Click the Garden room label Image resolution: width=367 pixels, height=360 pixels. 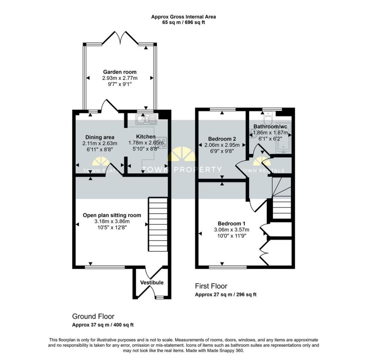pyautogui.click(x=120, y=72)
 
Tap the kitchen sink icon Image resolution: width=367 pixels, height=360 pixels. pyautogui.click(x=146, y=120)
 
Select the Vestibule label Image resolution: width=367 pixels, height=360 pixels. pyautogui.click(x=152, y=283)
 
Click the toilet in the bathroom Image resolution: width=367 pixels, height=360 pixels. pyautogui.click(x=268, y=119)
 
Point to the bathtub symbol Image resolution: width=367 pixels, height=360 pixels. pyautogui.click(x=283, y=137)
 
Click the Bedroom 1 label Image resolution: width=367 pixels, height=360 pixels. pyautogui.click(x=232, y=223)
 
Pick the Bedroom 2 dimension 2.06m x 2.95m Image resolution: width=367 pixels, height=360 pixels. pyautogui.click(x=222, y=145)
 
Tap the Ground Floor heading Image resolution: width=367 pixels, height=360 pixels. pyautogui.click(x=93, y=317)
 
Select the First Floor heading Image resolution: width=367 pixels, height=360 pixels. pyautogui.click(x=211, y=286)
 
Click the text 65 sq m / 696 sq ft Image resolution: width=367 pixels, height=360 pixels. pyautogui.click(x=183, y=23)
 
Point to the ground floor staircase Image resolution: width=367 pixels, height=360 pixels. pyautogui.click(x=158, y=224)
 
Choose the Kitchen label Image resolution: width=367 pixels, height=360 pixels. pyautogui.click(x=146, y=137)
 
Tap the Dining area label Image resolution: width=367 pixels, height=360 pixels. pyautogui.click(x=100, y=137)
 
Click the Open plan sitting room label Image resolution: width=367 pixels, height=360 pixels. pyautogui.click(x=112, y=215)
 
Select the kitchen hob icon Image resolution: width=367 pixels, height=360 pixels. pyautogui.click(x=161, y=142)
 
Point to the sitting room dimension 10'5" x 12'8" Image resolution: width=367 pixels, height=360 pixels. pyautogui.click(x=112, y=227)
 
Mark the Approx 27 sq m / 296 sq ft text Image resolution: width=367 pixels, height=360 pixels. pyautogui.click(x=226, y=294)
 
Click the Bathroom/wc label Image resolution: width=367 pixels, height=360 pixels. pyautogui.click(x=270, y=127)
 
